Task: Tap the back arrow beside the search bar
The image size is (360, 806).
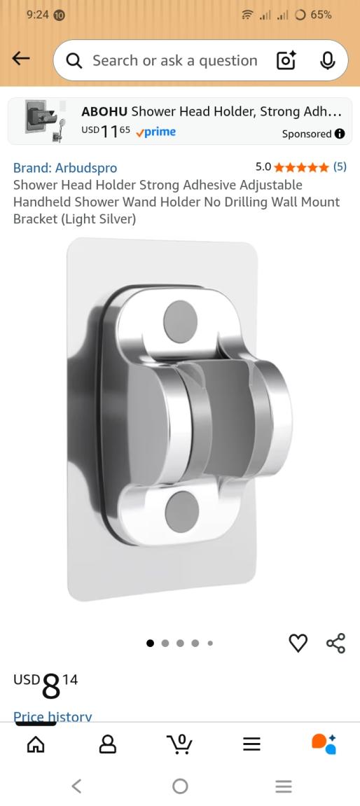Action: (20, 59)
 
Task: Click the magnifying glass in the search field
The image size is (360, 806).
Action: (74, 61)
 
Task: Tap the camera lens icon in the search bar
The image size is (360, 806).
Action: (286, 61)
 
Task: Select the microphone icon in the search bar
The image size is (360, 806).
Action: (327, 61)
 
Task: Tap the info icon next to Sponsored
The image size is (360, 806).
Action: (340, 134)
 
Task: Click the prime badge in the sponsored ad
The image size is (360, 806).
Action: (155, 132)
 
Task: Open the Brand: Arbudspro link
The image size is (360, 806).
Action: (65, 168)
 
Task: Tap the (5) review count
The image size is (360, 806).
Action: (340, 167)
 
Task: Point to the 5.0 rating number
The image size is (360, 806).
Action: (263, 167)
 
